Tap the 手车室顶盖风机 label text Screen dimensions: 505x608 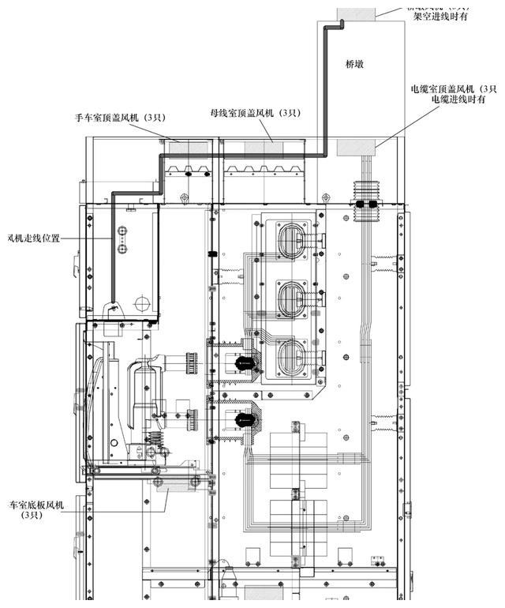[x=118, y=118]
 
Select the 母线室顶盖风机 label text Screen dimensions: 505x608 [x=255, y=114]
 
